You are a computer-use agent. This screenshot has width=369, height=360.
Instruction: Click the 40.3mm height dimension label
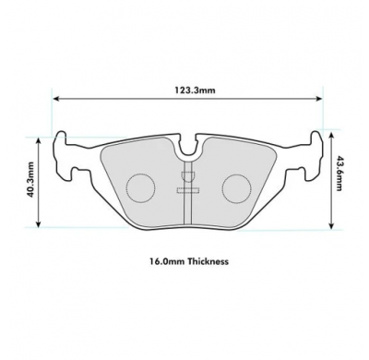click(x=30, y=181)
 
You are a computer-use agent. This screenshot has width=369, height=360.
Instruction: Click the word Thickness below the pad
click(x=207, y=262)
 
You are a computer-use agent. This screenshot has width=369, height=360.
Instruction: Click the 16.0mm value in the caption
click(x=162, y=262)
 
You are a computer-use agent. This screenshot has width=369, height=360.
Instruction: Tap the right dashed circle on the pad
click(x=236, y=187)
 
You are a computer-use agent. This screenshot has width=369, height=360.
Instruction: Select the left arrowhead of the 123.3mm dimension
click(x=56, y=100)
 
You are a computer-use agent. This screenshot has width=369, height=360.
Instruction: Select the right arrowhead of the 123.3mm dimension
click(x=318, y=100)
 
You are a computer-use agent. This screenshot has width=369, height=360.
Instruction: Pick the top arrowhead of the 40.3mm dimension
click(x=39, y=139)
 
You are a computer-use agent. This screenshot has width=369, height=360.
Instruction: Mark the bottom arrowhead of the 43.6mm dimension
click(x=329, y=223)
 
